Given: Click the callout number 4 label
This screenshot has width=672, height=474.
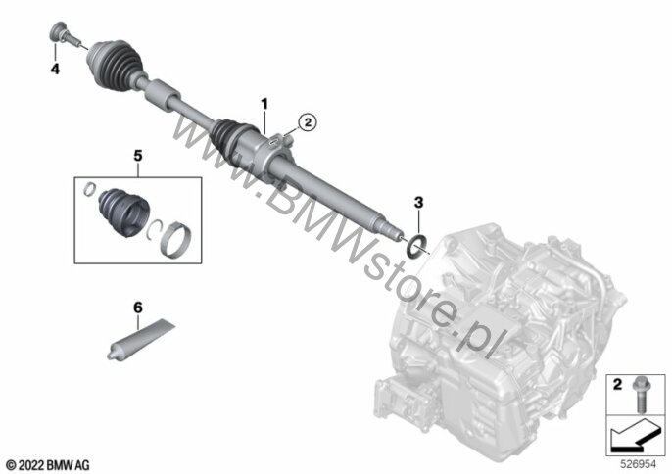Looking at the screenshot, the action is [x=55, y=69].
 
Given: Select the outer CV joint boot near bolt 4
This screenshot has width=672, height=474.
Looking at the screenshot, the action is [x=114, y=66].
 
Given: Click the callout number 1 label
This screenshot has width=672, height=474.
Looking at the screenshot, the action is [x=264, y=104].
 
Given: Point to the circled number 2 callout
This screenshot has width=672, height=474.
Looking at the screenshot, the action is [x=308, y=122].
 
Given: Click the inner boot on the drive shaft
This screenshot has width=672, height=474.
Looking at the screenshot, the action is [x=230, y=137].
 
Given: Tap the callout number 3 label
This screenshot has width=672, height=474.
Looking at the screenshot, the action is [x=418, y=202].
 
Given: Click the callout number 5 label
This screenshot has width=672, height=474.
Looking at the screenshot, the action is [x=137, y=156].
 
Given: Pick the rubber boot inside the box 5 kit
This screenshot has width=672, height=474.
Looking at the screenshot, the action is [x=123, y=212].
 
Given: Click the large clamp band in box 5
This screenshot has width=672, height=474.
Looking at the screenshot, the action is [x=176, y=239].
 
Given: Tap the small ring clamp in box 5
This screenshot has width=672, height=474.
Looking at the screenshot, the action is [x=89, y=189].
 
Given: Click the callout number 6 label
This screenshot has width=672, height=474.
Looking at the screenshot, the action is [x=137, y=308].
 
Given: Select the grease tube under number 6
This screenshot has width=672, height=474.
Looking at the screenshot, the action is [x=141, y=339].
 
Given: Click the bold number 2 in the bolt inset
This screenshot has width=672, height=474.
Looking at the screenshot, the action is [x=617, y=385].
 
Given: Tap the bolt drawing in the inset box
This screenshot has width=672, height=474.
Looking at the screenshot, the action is [x=641, y=395].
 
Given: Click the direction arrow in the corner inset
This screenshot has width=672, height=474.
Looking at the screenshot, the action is [x=636, y=435].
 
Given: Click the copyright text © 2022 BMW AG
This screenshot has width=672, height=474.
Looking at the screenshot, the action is [x=48, y=465].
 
